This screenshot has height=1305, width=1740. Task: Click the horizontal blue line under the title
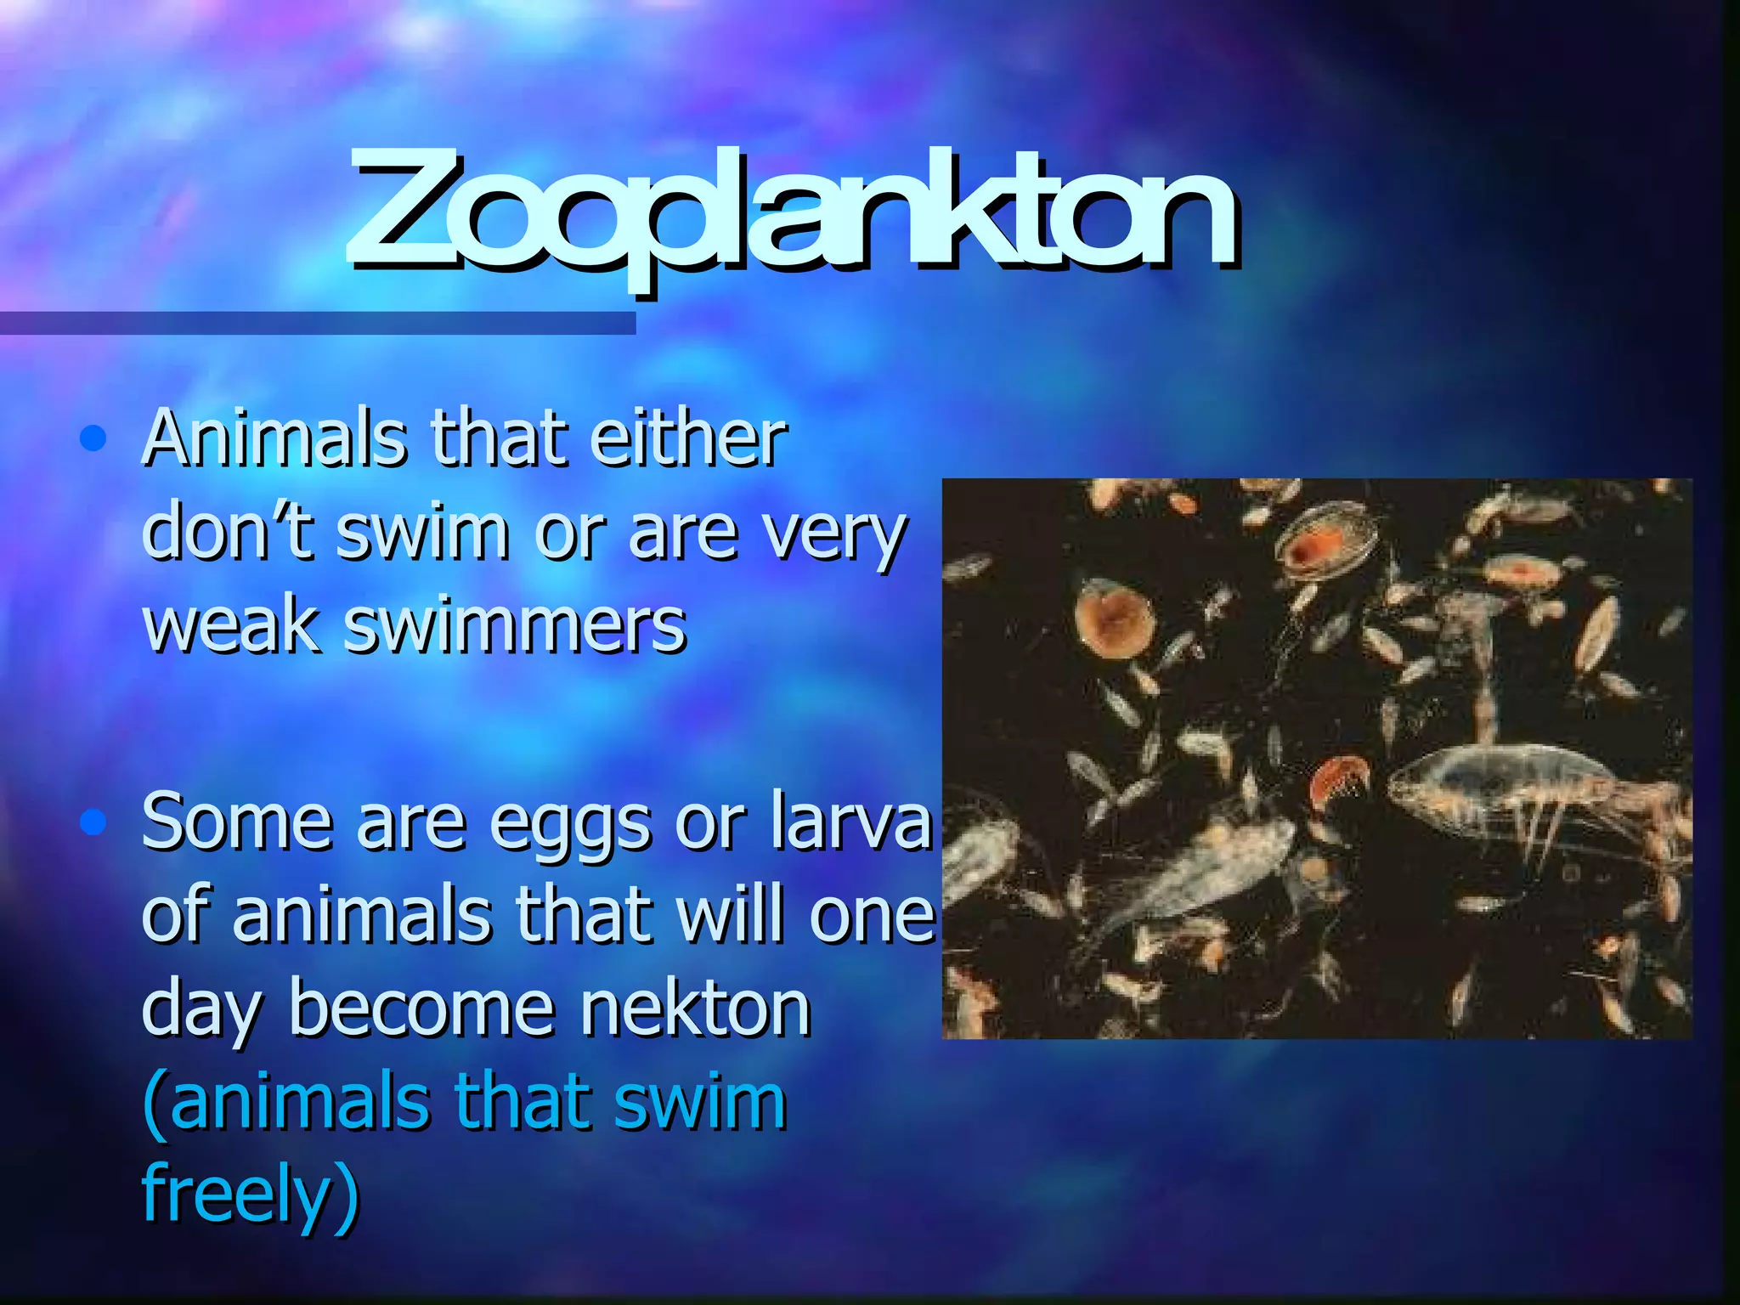click(318, 323)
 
